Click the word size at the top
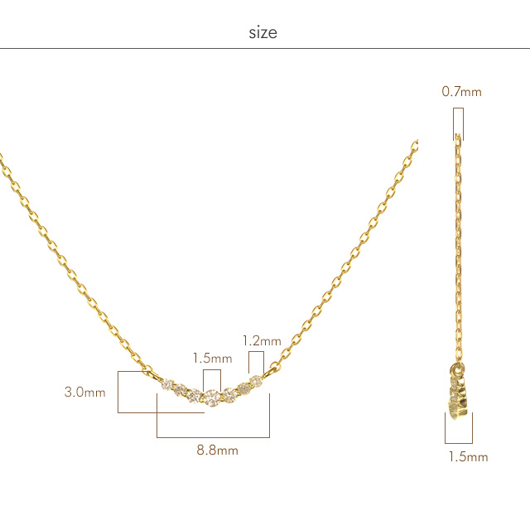pos(263,33)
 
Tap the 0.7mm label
pos(461,92)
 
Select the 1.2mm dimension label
pos(262,340)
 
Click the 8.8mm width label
pos(217,450)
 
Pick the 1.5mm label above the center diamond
pos(212,359)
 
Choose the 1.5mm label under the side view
pos(468,456)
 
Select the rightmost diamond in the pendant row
pos(257,381)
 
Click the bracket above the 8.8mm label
pos(213,436)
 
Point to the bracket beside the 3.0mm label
pos(122,392)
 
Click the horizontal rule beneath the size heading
pos(265,49)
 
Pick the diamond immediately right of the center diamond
pos(229,394)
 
